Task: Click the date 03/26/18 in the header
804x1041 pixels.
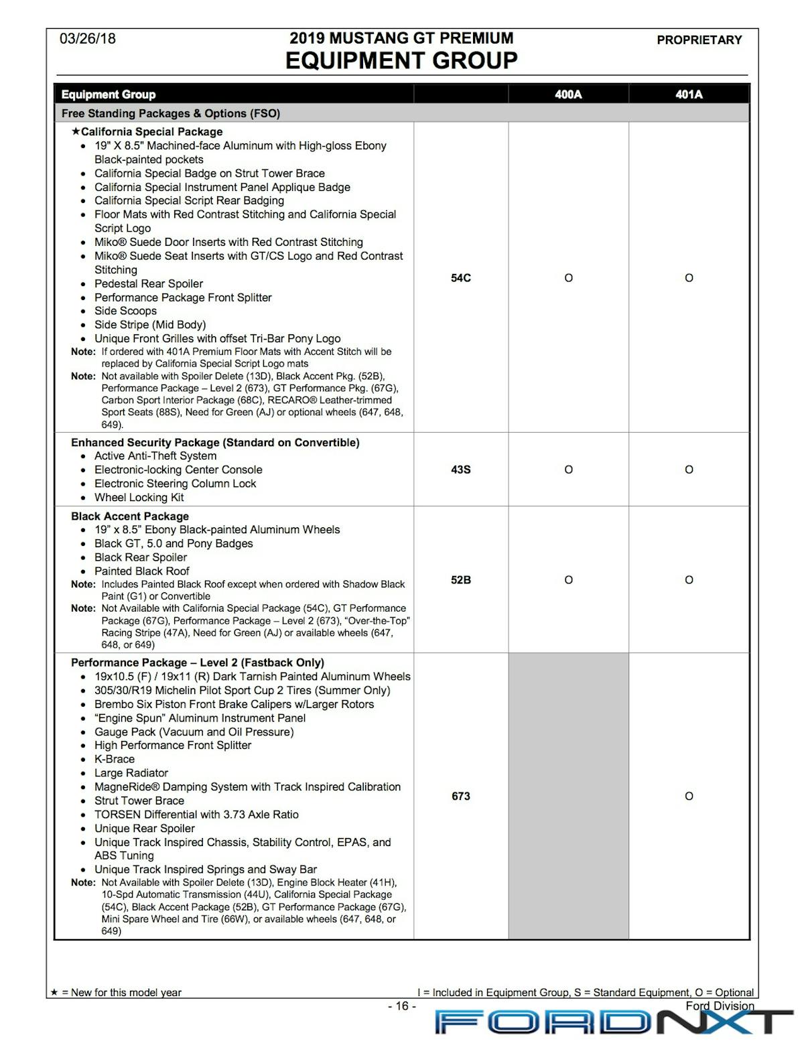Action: click(88, 39)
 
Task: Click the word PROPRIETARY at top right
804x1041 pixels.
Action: click(699, 40)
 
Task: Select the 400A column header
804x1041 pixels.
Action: click(568, 94)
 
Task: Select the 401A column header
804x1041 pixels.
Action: click(689, 94)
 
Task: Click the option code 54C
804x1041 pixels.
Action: click(461, 278)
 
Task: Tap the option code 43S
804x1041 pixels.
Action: click(461, 470)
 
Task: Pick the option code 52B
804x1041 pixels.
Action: click(461, 580)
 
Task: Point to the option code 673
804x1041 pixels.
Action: click(461, 796)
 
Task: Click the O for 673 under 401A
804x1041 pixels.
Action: click(689, 796)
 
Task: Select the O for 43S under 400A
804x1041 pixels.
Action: click(568, 470)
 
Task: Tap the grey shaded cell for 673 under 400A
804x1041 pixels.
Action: click(568, 796)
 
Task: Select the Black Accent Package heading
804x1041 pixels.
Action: click(130, 516)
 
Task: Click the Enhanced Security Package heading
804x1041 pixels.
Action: click(215, 443)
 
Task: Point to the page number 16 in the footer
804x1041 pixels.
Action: click(402, 1006)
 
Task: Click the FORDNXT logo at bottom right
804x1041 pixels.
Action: click(613, 1022)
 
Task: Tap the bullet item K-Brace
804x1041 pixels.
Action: click(115, 759)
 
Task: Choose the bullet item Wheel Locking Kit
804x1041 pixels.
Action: click(139, 498)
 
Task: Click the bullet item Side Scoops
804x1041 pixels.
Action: click(125, 311)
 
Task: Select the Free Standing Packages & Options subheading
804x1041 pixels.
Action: click(171, 113)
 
